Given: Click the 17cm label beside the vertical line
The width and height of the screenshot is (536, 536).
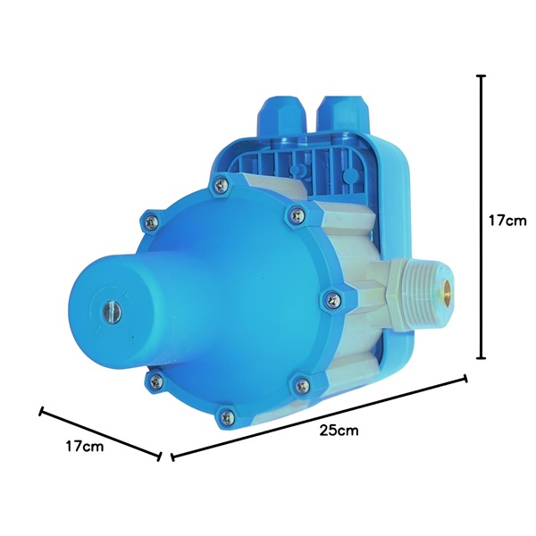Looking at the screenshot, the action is (507, 221).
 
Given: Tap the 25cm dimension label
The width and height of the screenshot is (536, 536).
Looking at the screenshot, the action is (339, 431).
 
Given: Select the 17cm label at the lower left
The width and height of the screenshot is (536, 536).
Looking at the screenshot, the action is (85, 447).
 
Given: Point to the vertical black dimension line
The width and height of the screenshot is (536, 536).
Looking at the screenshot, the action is (482, 217).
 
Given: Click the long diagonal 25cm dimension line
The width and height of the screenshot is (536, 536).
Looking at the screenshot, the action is (319, 418).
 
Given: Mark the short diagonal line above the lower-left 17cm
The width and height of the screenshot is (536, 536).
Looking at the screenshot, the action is (100, 434).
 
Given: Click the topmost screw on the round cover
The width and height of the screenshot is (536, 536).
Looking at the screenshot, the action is (221, 185).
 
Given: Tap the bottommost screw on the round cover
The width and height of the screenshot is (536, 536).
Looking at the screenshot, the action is (227, 417).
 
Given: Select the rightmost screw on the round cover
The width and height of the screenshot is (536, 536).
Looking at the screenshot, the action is (333, 301).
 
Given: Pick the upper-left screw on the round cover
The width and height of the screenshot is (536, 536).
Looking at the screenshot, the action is (152, 222).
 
